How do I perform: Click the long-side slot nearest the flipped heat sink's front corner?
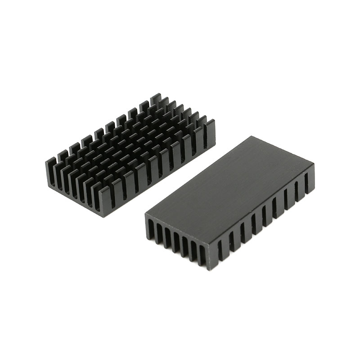click(220, 252)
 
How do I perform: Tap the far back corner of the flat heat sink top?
click(252, 137)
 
